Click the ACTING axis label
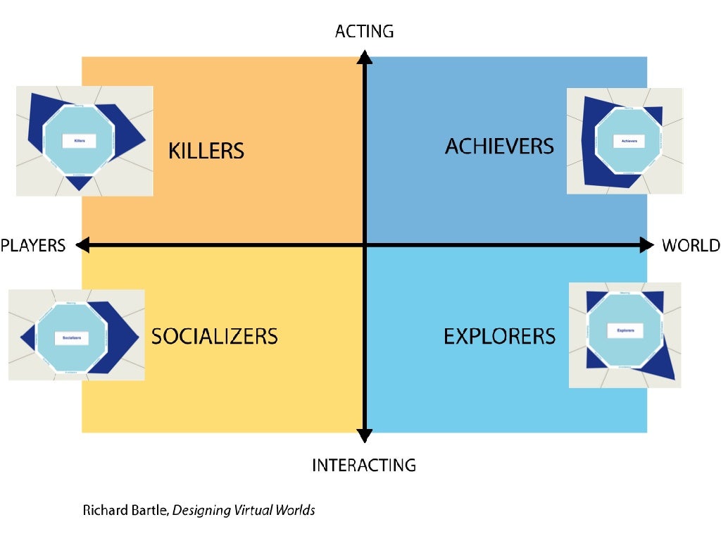click(364, 31)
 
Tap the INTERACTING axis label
click(364, 465)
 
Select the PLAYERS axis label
click(33, 245)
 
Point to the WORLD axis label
click(691, 245)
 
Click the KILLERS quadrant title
click(206, 151)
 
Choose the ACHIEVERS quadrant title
click(499, 147)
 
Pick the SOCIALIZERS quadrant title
click(215, 336)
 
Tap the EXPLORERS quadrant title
click(499, 337)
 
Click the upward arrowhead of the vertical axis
click(364, 56)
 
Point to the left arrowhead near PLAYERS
click(82, 245)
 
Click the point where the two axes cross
click(364, 245)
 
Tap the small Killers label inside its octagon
click(79, 142)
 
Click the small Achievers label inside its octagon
click(628, 142)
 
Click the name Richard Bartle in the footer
click(125, 510)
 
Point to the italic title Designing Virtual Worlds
click(244, 510)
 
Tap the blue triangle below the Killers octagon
click(79, 182)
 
